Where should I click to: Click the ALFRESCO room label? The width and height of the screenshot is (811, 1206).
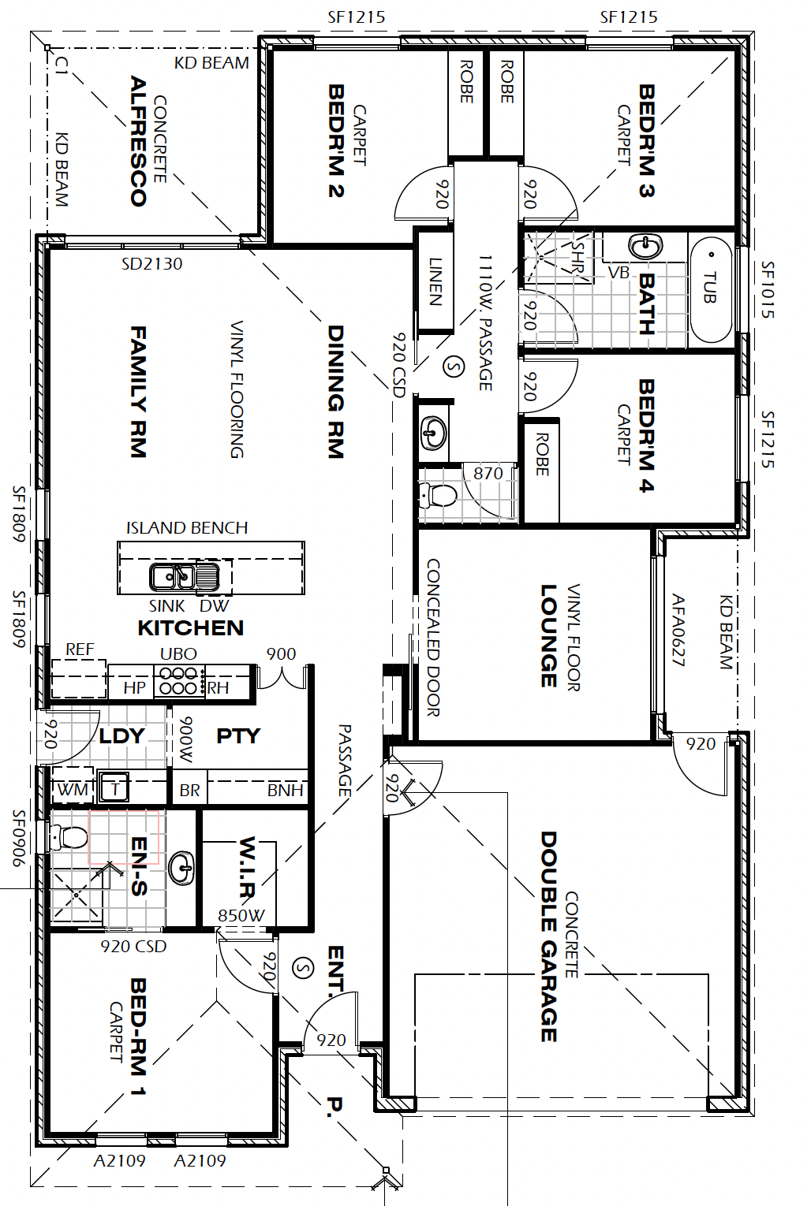pyautogui.click(x=138, y=141)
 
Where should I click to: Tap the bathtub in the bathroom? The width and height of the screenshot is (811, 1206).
pyautogui.click(x=711, y=290)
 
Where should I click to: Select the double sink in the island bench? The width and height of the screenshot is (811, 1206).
pyautogui.click(x=173, y=577)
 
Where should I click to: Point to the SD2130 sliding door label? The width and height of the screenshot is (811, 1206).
pyautogui.click(x=152, y=264)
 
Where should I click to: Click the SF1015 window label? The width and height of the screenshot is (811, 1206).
pyautogui.click(x=767, y=289)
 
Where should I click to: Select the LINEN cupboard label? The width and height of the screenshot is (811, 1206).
pyautogui.click(x=435, y=281)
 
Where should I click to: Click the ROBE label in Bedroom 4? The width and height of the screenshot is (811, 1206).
pyautogui.click(x=542, y=454)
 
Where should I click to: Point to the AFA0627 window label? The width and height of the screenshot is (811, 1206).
pyautogui.click(x=678, y=630)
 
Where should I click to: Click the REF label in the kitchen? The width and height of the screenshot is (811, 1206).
pyautogui.click(x=80, y=650)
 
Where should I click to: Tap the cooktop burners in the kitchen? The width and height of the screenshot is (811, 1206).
pyautogui.click(x=179, y=681)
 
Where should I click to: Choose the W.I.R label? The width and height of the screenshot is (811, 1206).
pyautogui.click(x=246, y=866)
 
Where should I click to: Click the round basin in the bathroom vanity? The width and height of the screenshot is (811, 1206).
pyautogui.click(x=645, y=248)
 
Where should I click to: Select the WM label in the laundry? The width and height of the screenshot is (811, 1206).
pyautogui.click(x=73, y=790)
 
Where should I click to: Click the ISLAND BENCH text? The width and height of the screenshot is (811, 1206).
pyautogui.click(x=187, y=527)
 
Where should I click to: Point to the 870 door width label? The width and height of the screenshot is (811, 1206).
pyautogui.click(x=488, y=473)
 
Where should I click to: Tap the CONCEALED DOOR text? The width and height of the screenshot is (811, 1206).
pyautogui.click(x=433, y=638)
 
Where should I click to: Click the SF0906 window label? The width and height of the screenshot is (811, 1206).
pyautogui.click(x=19, y=838)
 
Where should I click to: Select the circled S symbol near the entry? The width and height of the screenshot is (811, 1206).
pyautogui.click(x=303, y=968)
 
